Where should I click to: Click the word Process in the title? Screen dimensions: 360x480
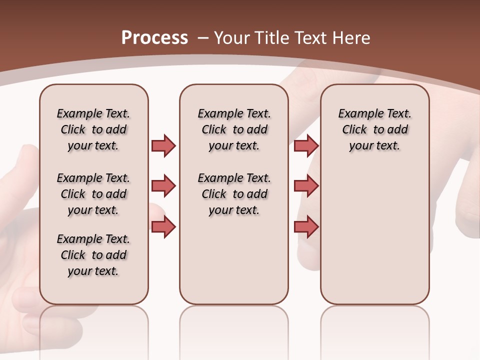[154, 38]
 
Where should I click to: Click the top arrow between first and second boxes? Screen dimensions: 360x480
[163, 145]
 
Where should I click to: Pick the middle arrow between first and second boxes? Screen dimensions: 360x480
[163, 186]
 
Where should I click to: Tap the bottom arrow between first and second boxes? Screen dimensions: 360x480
[163, 227]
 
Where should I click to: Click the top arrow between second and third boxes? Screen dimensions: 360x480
[306, 145]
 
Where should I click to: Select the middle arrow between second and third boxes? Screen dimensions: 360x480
[306, 186]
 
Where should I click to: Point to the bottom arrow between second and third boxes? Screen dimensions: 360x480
[306, 227]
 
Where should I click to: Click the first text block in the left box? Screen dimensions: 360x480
[93, 129]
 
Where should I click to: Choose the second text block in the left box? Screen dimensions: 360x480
[93, 194]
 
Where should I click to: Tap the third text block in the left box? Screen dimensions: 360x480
[93, 255]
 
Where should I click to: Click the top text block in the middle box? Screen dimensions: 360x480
[234, 129]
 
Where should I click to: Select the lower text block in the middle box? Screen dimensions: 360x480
[234, 194]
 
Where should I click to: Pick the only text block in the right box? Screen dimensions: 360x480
[374, 129]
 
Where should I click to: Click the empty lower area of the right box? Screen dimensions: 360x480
[374, 235]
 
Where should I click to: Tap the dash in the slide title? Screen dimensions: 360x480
[203, 38]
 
